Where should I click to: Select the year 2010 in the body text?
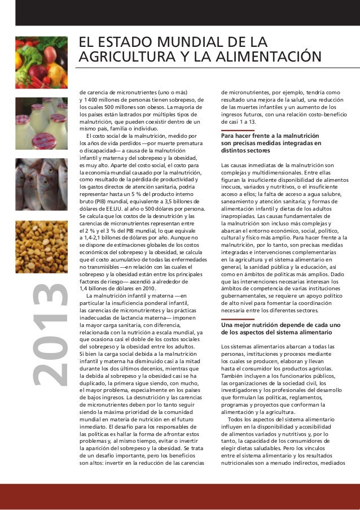[149, 288]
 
